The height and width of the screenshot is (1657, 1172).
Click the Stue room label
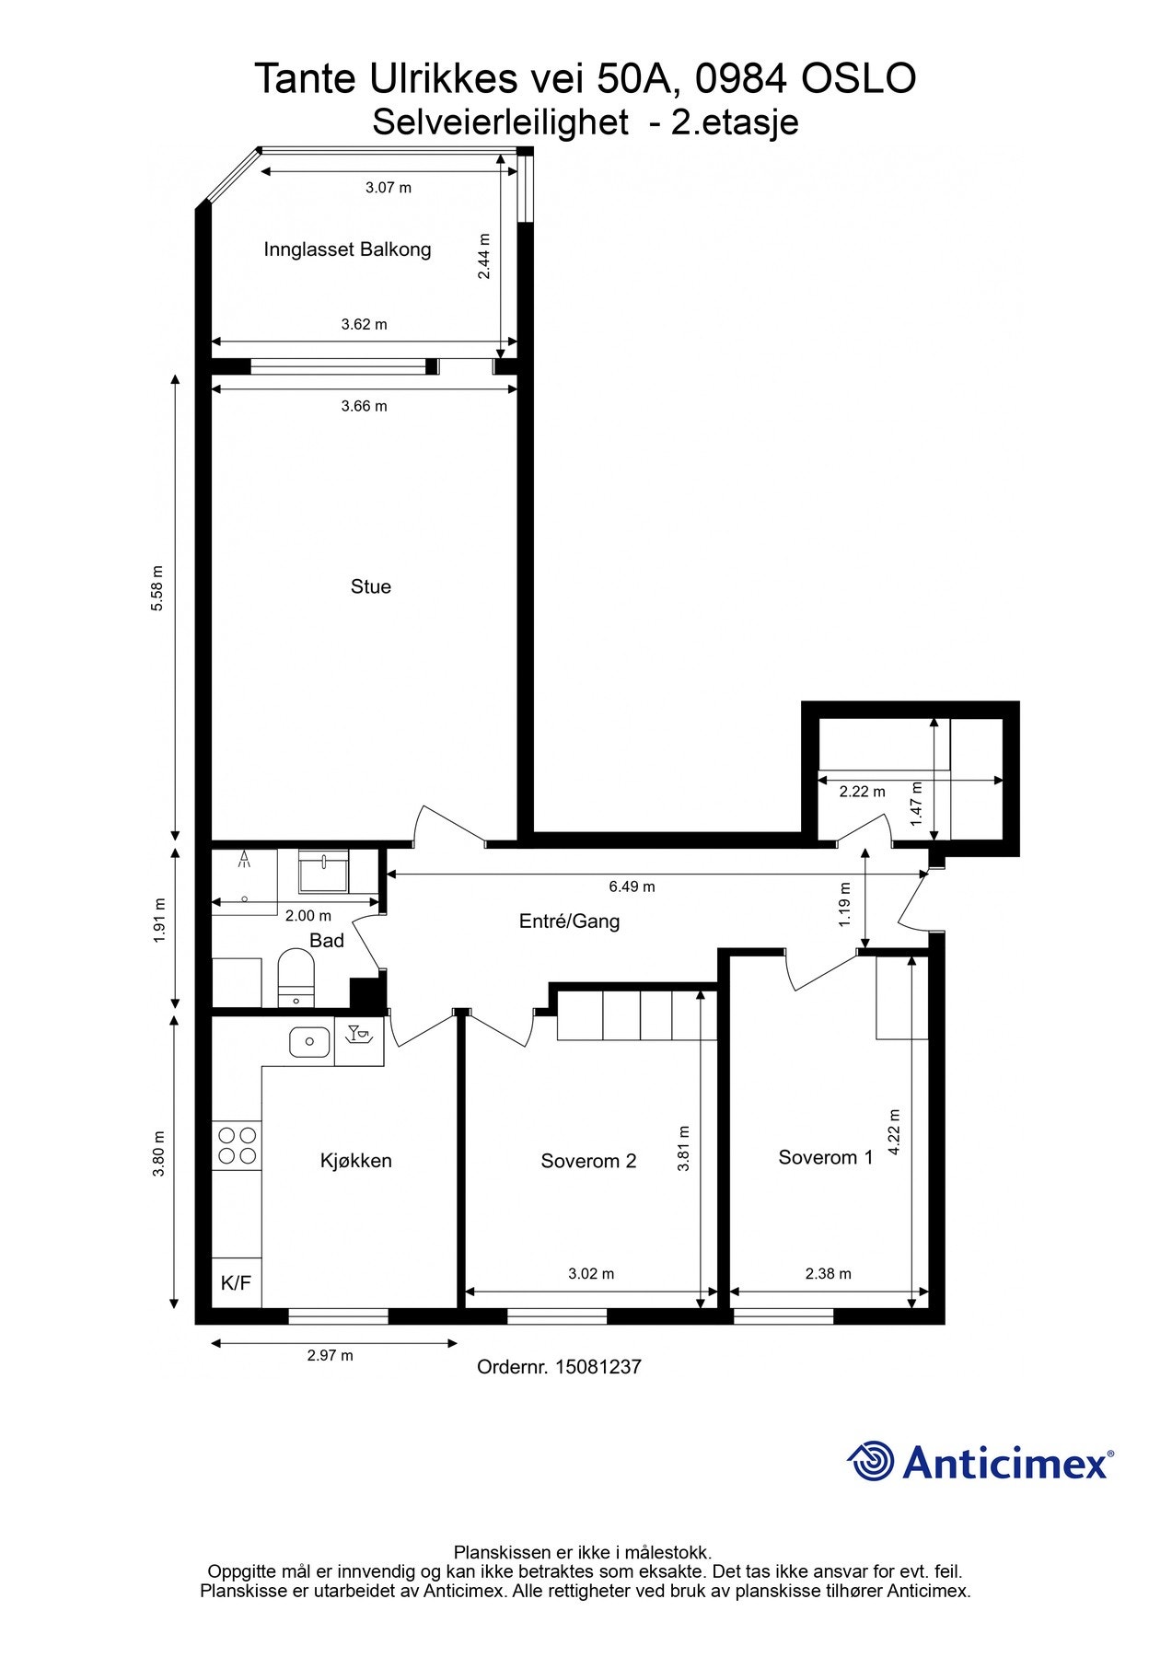pos(370,586)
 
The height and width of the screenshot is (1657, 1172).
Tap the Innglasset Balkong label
pos(347,249)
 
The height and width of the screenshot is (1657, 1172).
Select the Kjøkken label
pos(356,1161)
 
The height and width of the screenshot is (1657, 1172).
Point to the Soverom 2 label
pos(588,1161)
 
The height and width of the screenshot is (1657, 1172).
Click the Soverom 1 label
pos(826,1157)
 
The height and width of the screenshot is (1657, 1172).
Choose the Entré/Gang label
pos(570,921)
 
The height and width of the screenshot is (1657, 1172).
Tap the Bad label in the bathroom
pos(327,941)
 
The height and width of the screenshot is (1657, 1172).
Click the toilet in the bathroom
pos(296,979)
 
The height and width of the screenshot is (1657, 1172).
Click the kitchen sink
pos(309,1042)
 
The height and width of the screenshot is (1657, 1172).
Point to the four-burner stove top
pos(237,1145)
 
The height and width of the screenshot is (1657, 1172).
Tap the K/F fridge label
pos(237,1283)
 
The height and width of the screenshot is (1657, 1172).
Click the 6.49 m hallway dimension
pos(632,886)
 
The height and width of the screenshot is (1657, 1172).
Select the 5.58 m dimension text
pos(157,588)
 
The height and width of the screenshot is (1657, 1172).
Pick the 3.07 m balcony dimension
pos(389,188)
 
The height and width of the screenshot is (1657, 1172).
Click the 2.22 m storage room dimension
pos(863,791)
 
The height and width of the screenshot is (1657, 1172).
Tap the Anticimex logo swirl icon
pos(870,1462)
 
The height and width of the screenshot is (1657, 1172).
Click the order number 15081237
pos(598,1367)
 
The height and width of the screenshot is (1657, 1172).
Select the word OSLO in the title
pos(858,79)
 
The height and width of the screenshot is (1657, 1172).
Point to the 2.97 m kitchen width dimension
pos(331,1355)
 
